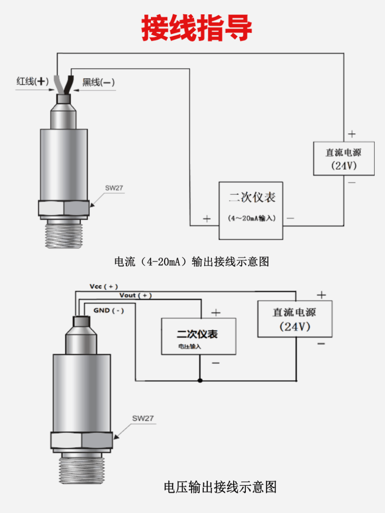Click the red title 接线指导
[x=197, y=28]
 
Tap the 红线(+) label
[x=32, y=82]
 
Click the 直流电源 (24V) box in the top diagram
[x=343, y=159]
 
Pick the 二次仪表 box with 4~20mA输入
[x=251, y=210]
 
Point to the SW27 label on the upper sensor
[x=114, y=188]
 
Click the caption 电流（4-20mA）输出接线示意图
[x=191, y=262]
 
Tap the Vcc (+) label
[x=104, y=286]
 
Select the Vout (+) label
[x=136, y=295]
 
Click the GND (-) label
[x=108, y=310]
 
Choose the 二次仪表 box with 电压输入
[x=199, y=336]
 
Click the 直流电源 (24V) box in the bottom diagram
[x=295, y=319]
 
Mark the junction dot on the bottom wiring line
[x=200, y=380]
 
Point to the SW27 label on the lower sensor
[x=143, y=418]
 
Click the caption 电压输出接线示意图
[x=220, y=486]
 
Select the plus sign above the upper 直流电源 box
[x=352, y=134]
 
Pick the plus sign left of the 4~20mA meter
[x=207, y=219]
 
